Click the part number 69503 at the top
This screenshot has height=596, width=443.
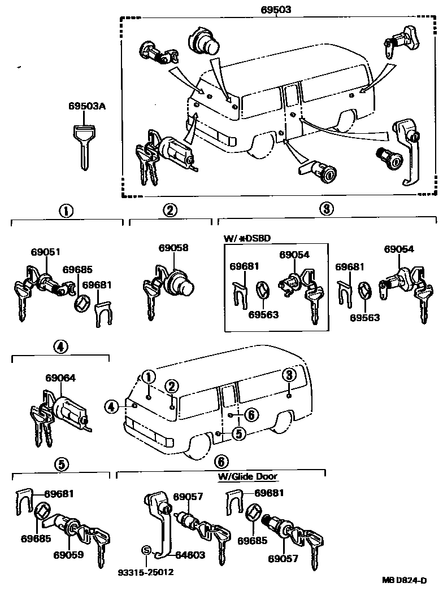(x=281, y=10)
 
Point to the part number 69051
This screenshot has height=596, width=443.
(x=45, y=253)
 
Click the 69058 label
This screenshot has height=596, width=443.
(x=173, y=248)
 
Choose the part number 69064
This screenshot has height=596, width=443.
(x=60, y=378)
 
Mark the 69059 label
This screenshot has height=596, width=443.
(x=70, y=554)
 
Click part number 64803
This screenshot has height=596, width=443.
(x=189, y=555)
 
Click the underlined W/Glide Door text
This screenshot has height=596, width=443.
(x=247, y=476)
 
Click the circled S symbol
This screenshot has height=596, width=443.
(x=146, y=550)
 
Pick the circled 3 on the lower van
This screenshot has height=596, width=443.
(x=288, y=375)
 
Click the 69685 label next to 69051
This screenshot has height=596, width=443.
(x=77, y=270)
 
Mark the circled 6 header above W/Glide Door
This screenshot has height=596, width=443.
(x=221, y=462)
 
